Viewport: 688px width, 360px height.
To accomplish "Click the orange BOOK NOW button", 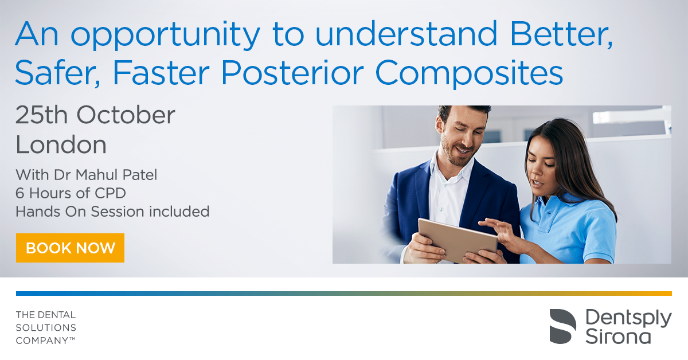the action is [x=70, y=248].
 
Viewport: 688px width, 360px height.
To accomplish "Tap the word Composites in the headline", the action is [x=469, y=73].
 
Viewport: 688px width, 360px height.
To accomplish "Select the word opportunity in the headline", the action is [x=166, y=35].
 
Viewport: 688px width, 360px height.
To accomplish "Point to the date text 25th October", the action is [x=95, y=115].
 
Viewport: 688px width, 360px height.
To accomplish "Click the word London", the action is [x=61, y=144].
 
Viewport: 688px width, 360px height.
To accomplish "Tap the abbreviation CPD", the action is [x=110, y=193].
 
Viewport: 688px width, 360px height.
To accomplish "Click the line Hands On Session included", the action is [x=112, y=212].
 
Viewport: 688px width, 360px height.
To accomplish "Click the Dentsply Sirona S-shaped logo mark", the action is [x=562, y=326].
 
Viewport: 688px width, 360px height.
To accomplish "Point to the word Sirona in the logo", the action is [x=618, y=336].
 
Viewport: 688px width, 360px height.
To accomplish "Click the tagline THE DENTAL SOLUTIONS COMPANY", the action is [x=46, y=327].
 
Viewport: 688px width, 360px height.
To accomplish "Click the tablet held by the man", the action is [x=458, y=240].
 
